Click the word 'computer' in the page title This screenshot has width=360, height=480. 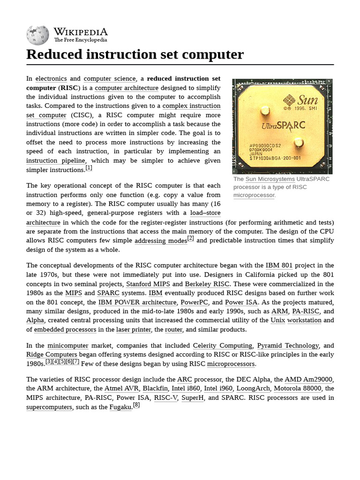(x=213, y=55)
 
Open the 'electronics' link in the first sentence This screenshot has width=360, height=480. (x=51, y=79)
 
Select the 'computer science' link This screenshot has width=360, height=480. (x=110, y=79)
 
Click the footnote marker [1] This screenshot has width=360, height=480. (x=89, y=168)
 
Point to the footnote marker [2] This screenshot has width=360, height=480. (x=190, y=239)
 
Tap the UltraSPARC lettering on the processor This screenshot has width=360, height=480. (x=284, y=126)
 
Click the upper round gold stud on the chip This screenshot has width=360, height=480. (x=265, y=112)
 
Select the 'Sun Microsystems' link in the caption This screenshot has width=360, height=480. (x=270, y=179)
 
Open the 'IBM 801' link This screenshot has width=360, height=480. (x=279, y=265)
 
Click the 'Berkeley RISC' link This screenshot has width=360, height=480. (x=207, y=284)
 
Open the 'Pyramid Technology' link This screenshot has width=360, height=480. (x=288, y=345)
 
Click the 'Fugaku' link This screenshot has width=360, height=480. (x=120, y=407)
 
